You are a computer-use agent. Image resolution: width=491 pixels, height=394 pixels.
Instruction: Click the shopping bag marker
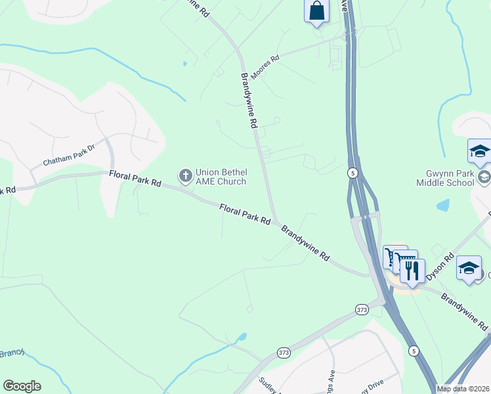tap(316, 11)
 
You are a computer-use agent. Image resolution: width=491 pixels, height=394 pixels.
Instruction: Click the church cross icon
tap(185, 175)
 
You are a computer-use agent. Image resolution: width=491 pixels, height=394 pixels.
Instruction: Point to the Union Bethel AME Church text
tap(221, 177)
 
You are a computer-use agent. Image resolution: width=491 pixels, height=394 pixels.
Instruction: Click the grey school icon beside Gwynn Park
tap(484, 175)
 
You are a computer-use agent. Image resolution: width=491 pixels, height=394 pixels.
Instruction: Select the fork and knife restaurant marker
tap(412, 269)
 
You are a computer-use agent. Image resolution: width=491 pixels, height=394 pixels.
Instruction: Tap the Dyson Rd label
tap(440, 267)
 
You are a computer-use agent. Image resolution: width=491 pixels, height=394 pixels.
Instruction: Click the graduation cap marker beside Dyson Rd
tap(469, 268)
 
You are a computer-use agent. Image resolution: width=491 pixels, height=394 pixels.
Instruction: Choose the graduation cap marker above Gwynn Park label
tap(479, 151)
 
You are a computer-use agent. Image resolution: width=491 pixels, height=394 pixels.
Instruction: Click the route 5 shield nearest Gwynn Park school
tap(352, 173)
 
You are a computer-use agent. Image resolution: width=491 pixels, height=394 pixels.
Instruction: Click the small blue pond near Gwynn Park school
tap(443, 205)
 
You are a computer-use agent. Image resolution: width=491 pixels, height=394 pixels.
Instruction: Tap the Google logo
tap(22, 386)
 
